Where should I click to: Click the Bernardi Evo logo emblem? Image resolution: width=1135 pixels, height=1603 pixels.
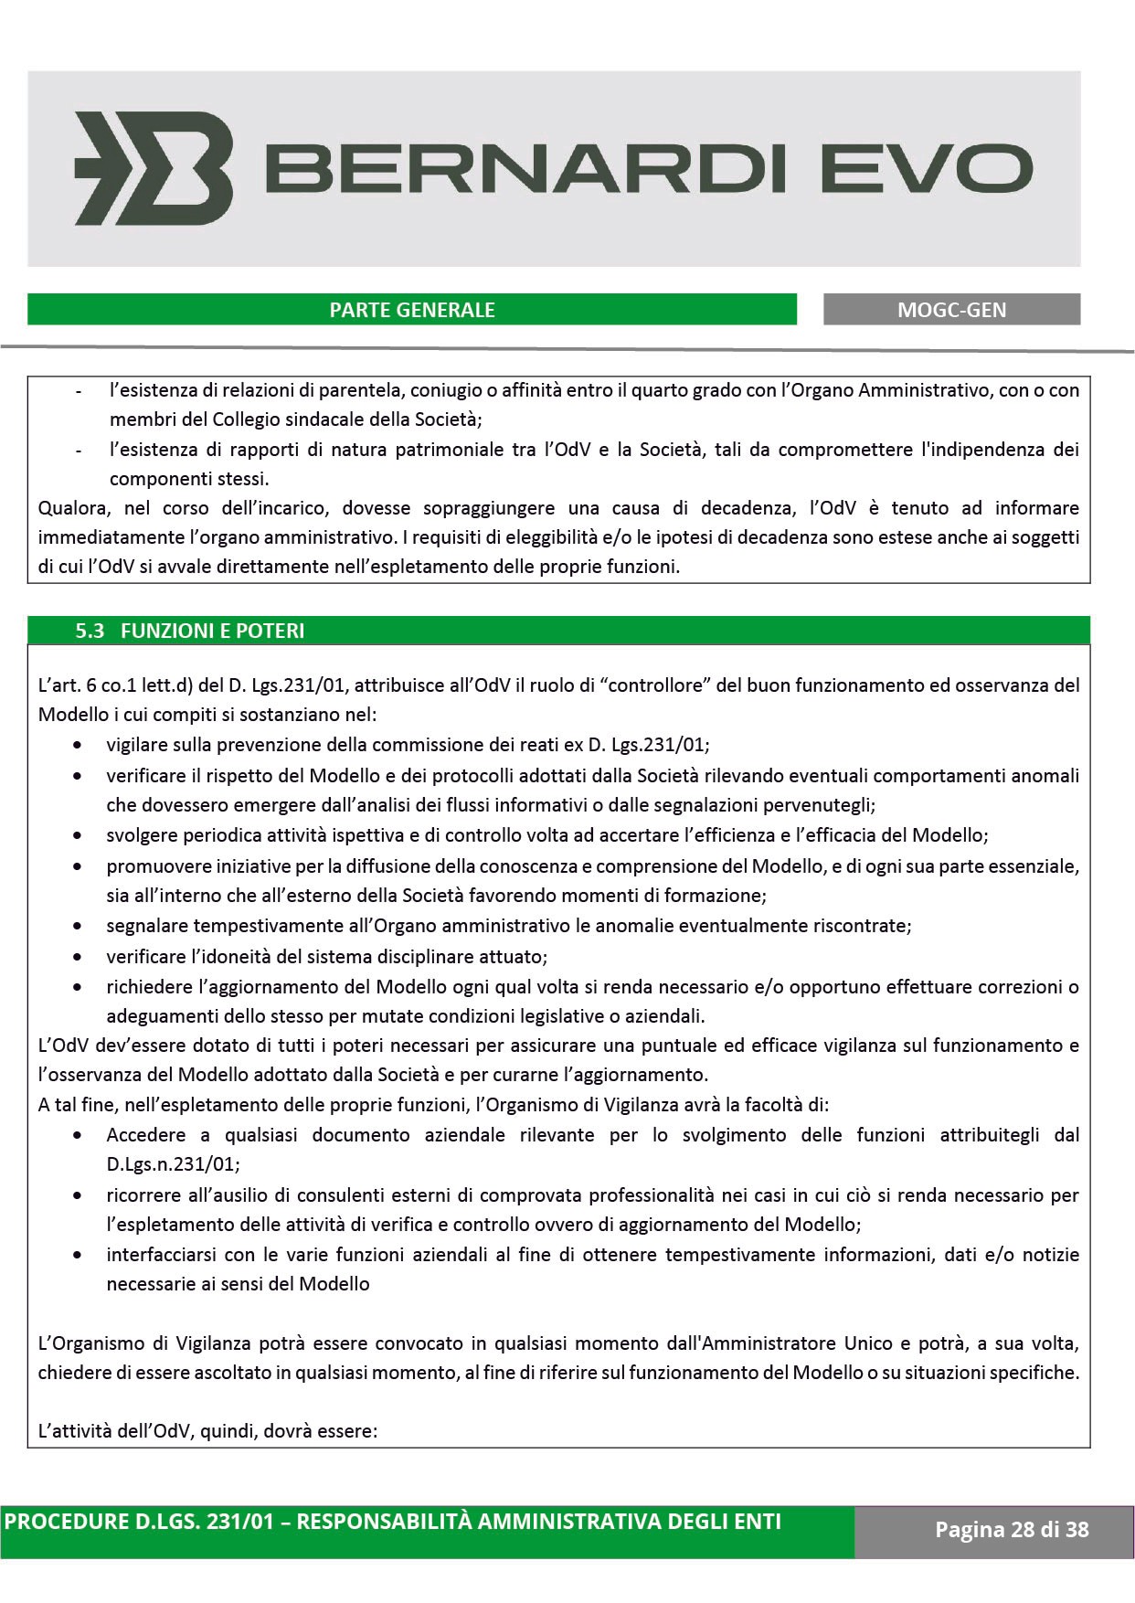coord(153,169)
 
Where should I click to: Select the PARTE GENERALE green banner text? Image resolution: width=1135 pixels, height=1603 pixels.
coord(412,310)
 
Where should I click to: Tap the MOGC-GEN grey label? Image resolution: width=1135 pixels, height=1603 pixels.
coord(951,310)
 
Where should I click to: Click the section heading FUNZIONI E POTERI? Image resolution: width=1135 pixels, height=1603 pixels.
coord(213,631)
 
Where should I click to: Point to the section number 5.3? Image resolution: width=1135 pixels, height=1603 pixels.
coord(90,631)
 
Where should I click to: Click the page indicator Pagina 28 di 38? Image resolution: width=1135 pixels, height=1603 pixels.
coord(1012,1529)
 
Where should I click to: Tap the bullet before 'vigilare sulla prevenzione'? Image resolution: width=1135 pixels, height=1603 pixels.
coord(81,746)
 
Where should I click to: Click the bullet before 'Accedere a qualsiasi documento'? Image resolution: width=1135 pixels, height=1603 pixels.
coord(81,1136)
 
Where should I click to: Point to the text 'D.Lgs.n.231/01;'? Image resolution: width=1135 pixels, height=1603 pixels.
coord(173,1164)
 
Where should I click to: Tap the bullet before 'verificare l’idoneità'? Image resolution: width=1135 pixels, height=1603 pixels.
coord(81,958)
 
